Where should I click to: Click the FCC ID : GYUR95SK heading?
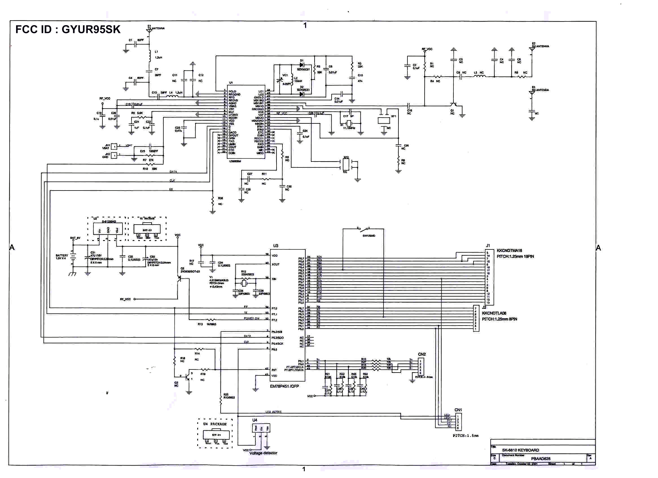coord(68,30)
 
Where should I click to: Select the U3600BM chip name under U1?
coord(235,161)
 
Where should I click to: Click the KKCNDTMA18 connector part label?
coord(509,251)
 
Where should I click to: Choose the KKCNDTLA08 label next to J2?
coord(494,313)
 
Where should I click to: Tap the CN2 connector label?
coord(422,354)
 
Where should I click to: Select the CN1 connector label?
coord(458,410)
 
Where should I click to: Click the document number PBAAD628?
coord(541,459)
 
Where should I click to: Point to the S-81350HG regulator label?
coord(109,222)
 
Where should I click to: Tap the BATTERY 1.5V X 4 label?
coord(62,257)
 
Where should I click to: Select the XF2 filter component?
coord(346,164)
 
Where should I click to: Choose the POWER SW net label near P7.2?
coord(251,318)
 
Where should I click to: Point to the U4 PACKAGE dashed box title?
coord(215,424)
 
